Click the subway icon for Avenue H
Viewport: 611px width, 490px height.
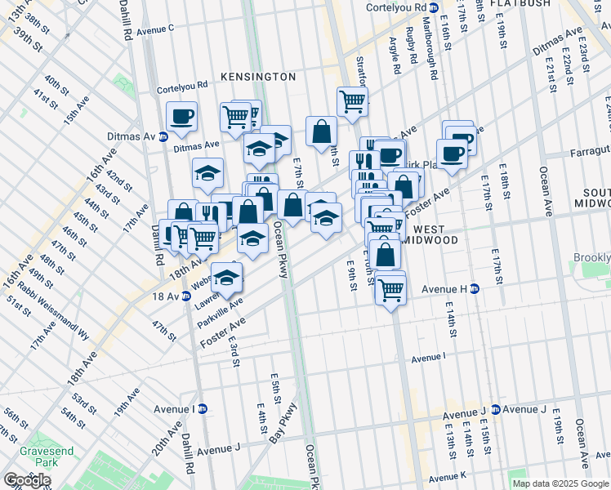(474, 288)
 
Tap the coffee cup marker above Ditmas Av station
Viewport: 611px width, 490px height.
(181, 117)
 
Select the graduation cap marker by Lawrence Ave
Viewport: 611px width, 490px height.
(226, 277)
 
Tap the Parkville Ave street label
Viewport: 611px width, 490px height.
(220, 311)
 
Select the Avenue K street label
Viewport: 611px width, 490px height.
(447, 476)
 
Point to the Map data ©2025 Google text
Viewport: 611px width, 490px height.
(560, 483)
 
